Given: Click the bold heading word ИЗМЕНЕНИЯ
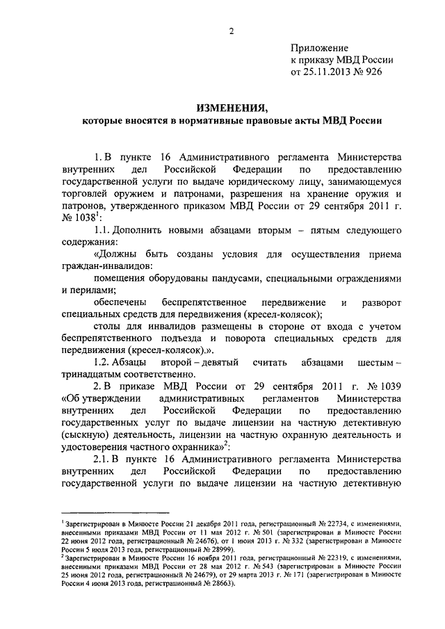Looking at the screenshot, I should click(x=232, y=108).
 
